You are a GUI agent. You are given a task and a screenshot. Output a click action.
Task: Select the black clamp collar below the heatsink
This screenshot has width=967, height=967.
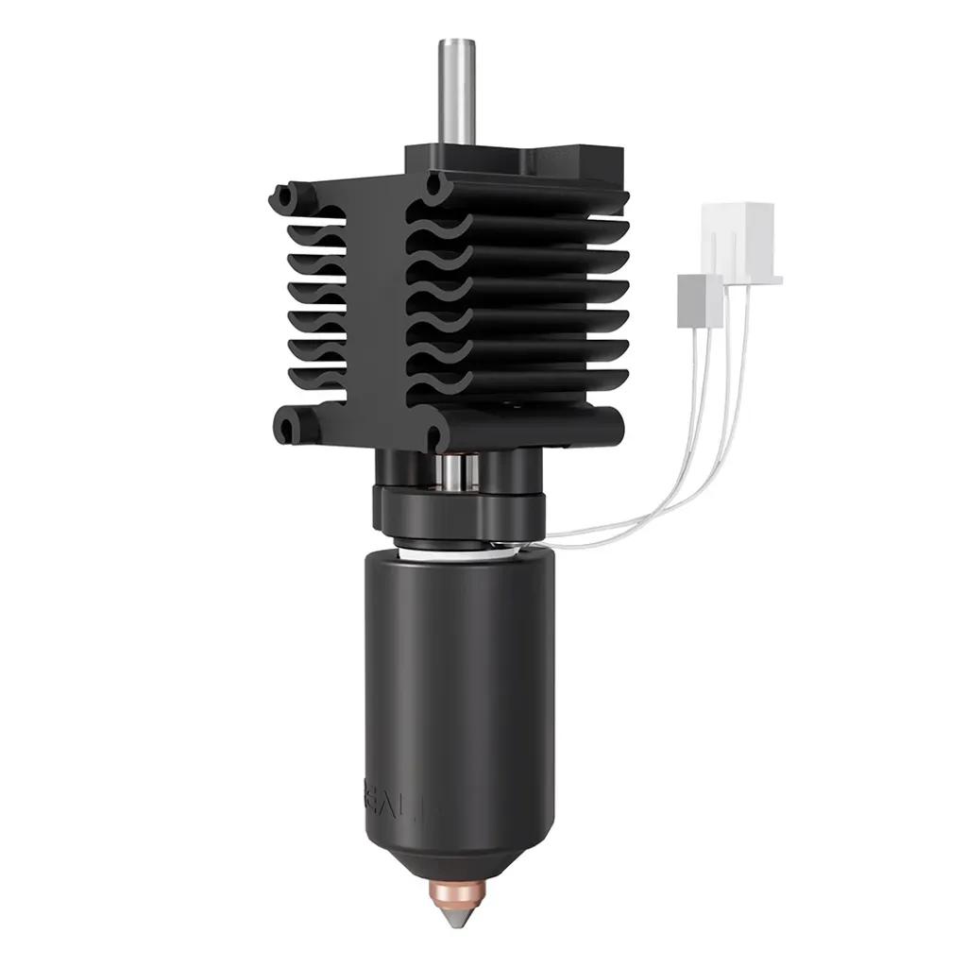pyautogui.click(x=453, y=510)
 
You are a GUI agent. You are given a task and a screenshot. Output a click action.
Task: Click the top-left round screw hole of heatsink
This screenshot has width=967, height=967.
pyautogui.click(x=281, y=196)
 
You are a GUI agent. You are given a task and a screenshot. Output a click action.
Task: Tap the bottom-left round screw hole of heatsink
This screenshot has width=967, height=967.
pyautogui.click(x=287, y=426)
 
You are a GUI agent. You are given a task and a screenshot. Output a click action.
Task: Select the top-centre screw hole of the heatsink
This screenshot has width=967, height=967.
pyautogui.click(x=434, y=185)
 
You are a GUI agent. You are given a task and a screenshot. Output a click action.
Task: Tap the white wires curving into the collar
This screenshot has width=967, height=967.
pyautogui.click(x=652, y=510)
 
